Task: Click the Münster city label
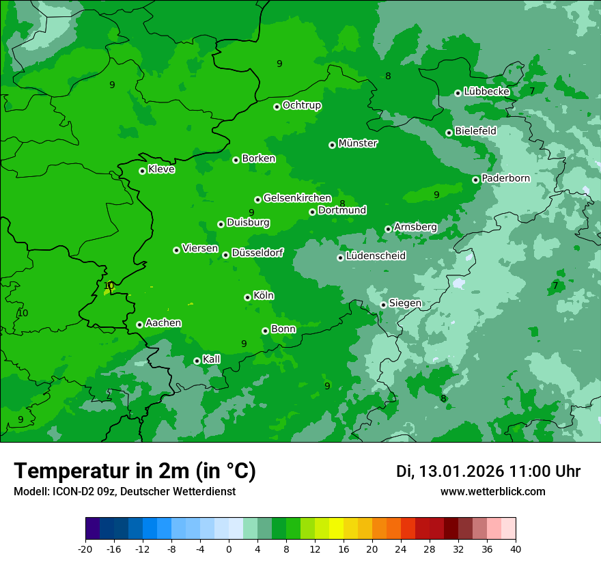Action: click(358, 143)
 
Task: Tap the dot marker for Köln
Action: click(247, 297)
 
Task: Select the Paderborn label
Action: click(505, 178)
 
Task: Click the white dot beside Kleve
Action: click(142, 171)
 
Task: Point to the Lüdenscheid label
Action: click(376, 256)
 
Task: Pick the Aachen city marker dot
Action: click(139, 324)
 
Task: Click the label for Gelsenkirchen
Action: click(297, 198)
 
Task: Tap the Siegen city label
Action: click(405, 303)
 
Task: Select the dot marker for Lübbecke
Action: click(458, 93)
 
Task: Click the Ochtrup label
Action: click(301, 105)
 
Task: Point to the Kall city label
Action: click(211, 359)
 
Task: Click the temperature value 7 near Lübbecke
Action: click(532, 91)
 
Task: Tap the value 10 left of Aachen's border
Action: click(23, 313)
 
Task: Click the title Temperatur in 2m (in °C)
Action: click(135, 471)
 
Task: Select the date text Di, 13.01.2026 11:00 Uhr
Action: click(488, 471)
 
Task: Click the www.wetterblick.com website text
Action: click(492, 491)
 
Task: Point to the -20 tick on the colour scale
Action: click(85, 549)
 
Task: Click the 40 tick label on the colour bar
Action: click(515, 549)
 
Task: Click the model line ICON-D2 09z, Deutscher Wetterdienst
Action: click(124, 491)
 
